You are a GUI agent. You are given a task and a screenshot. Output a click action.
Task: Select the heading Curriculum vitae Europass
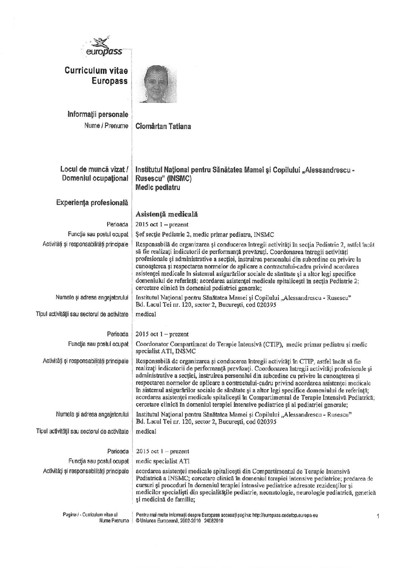tap(96, 76)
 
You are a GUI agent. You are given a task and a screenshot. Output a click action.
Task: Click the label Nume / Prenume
tap(106, 126)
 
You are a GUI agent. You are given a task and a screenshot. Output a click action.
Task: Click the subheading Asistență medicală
tap(167, 215)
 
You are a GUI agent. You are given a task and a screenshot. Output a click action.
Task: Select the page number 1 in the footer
tap(378, 516)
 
